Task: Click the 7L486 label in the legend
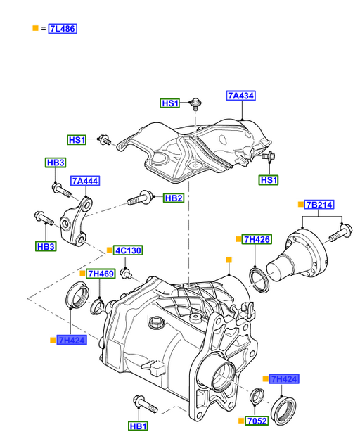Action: [63, 29]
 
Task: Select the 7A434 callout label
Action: [241, 96]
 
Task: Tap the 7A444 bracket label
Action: [85, 181]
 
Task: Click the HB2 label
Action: [174, 198]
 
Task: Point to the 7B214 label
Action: [319, 205]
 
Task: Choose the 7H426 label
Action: [257, 239]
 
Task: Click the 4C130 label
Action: [128, 250]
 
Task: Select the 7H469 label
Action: [101, 274]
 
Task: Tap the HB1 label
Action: [139, 426]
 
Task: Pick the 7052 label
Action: [257, 421]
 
